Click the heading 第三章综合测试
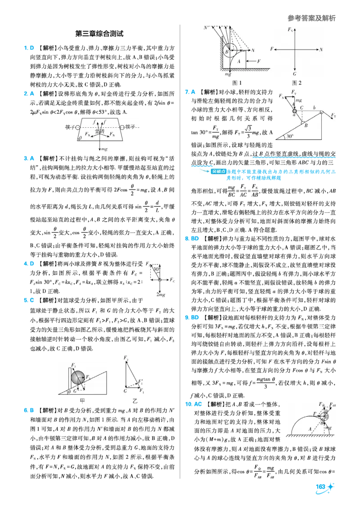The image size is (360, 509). [x=99, y=33]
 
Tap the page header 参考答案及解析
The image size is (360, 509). [x=311, y=18]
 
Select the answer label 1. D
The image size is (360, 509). [x=29, y=48]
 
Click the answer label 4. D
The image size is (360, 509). [x=29, y=263]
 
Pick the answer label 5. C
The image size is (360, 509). [x=29, y=300]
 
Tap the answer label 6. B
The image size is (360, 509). [x=29, y=411]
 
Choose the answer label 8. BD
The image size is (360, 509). [x=192, y=239]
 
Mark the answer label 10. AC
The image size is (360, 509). [x=193, y=404]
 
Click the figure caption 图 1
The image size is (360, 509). [x=237, y=83]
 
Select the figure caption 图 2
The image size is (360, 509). [x=297, y=83]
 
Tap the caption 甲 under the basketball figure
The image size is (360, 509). [x=82, y=401]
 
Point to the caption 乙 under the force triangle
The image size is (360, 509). [x=135, y=401]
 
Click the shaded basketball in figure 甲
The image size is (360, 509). [x=78, y=378]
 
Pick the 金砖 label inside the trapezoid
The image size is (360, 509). [x=100, y=131]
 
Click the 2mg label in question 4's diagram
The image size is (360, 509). [x=161, y=295]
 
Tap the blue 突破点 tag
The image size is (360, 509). [x=218, y=171]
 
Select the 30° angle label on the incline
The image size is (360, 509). [x=289, y=136]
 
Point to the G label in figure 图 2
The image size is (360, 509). [x=294, y=74]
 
